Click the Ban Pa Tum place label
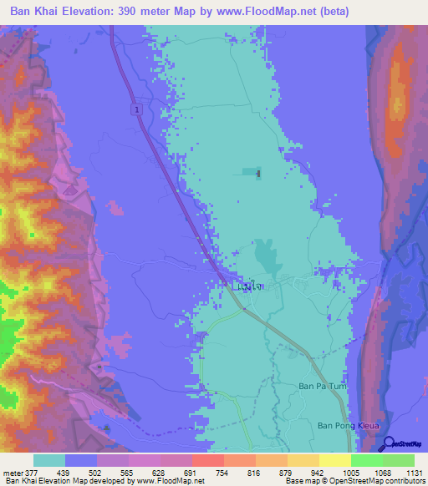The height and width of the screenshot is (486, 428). point(322,386)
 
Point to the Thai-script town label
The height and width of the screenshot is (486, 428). point(251,286)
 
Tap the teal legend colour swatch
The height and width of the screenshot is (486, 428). point(49,460)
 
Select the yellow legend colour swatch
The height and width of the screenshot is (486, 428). point(334,460)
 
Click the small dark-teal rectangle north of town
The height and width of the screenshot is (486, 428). point(251,172)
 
